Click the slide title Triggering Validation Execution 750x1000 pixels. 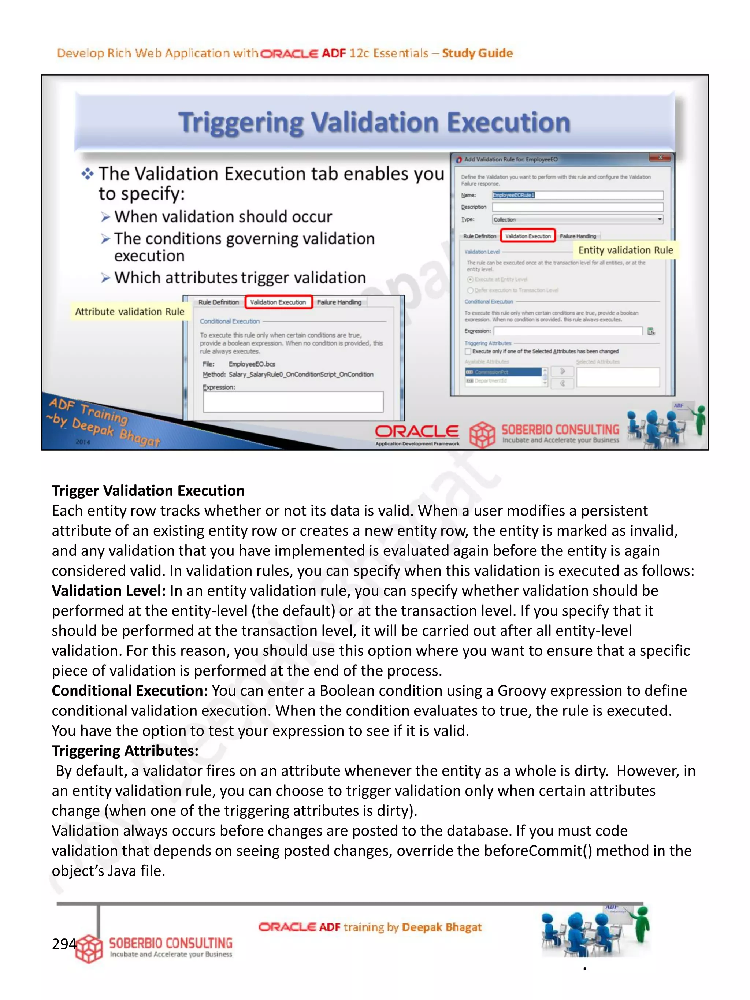click(374, 123)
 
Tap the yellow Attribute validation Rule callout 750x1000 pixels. click(130, 312)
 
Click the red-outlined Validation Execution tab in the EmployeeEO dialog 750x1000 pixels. click(528, 236)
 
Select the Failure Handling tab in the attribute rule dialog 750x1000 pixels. click(339, 302)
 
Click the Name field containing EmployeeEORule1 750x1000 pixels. click(577, 195)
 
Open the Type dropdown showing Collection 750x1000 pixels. click(577, 219)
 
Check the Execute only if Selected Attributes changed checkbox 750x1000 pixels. click(468, 351)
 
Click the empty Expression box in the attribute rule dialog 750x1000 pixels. click(293, 401)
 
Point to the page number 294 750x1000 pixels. click(64, 944)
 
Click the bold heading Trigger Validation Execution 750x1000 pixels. click(148, 491)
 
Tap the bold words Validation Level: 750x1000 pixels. click(108, 590)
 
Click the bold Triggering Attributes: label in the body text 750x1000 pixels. click(125, 750)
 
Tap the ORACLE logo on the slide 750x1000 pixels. click(416, 432)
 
